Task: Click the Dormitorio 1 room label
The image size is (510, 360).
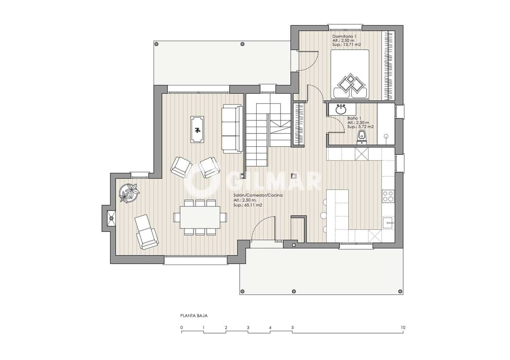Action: [x=344, y=36]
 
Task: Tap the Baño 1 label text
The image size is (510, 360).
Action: [x=354, y=118]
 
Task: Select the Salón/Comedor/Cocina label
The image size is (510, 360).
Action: [x=258, y=195]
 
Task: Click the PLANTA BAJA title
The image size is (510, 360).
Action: [x=194, y=316]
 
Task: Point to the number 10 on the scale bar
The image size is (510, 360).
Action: [x=403, y=328]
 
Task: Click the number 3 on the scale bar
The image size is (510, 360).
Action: [x=248, y=328]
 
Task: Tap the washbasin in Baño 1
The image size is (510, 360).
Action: [x=341, y=109]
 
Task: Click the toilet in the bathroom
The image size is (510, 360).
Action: [x=361, y=137]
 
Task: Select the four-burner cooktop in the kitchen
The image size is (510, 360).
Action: [x=388, y=196]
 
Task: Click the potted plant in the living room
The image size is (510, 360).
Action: [x=129, y=193]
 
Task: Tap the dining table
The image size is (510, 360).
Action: [x=200, y=217]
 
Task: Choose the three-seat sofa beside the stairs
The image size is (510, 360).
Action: [x=232, y=129]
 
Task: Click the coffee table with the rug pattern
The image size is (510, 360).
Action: [x=197, y=129]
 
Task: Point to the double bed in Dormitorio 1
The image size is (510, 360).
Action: [x=350, y=74]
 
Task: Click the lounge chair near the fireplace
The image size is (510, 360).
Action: [x=146, y=232]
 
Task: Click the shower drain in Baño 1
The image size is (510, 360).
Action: [x=386, y=136]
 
